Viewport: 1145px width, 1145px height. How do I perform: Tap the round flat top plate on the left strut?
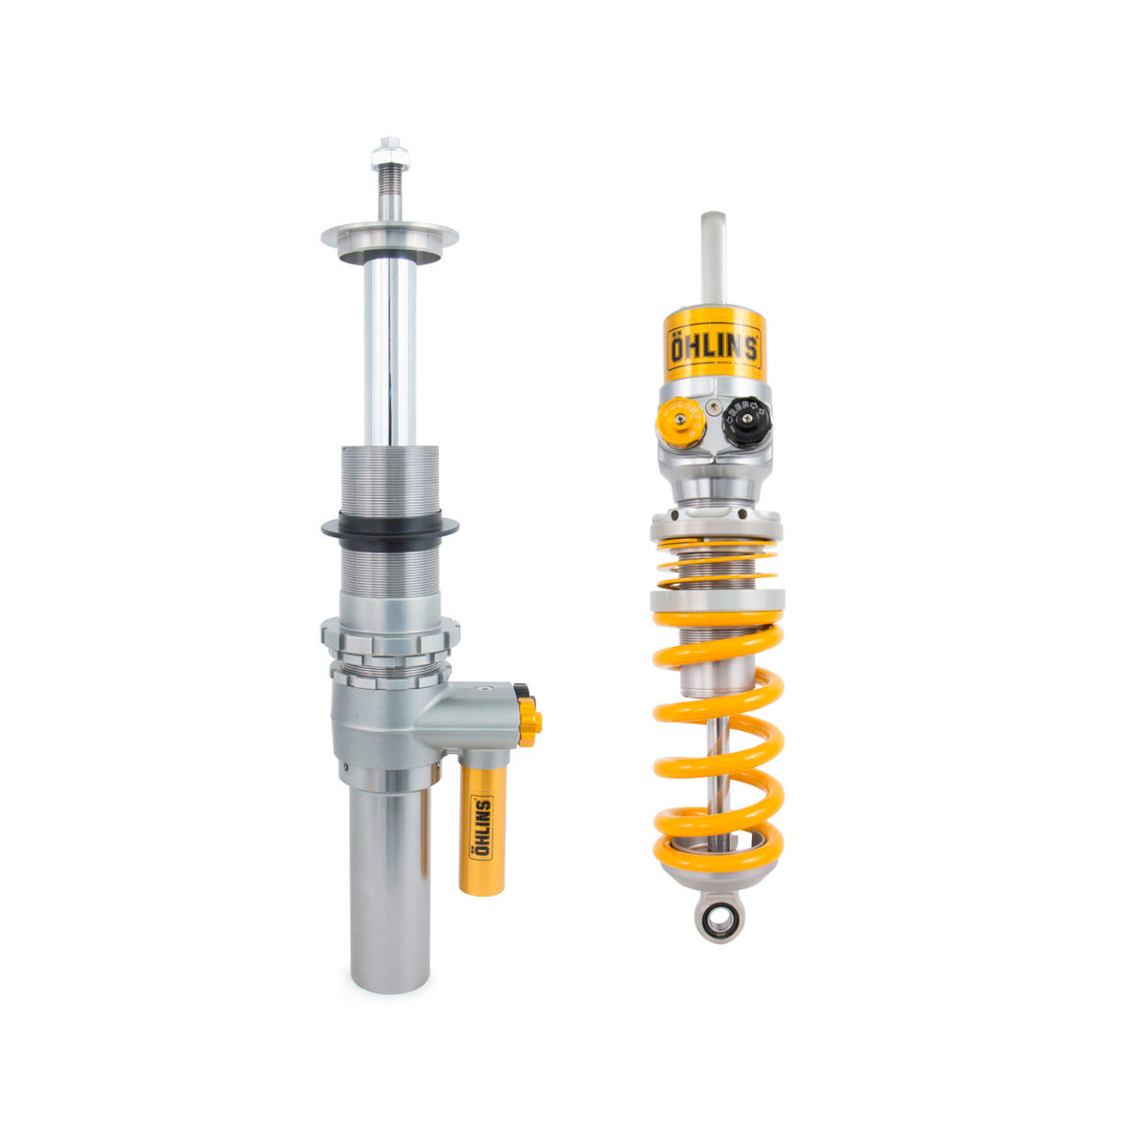[389, 236]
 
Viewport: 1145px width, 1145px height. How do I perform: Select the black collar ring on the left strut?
[389, 525]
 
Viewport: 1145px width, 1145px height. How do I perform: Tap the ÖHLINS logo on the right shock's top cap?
[714, 347]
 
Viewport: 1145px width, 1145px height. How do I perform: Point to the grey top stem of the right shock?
[714, 253]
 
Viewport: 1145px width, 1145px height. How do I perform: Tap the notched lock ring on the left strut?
[389, 636]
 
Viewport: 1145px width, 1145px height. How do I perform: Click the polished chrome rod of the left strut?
[389, 353]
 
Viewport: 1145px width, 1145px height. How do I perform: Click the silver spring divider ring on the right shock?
[718, 601]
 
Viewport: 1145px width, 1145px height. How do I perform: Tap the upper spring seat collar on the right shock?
[717, 524]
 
